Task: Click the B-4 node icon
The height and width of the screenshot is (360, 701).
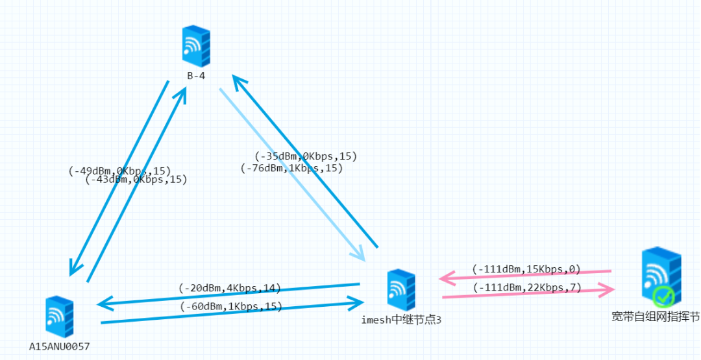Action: tap(196, 45)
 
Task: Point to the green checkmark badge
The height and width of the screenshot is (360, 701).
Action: tap(663, 297)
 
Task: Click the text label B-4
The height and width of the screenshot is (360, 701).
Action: tap(197, 76)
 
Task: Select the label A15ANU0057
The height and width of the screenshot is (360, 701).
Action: tap(59, 346)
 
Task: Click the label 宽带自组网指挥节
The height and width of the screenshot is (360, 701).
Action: tap(656, 317)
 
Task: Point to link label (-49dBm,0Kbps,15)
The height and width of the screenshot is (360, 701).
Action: tap(119, 171)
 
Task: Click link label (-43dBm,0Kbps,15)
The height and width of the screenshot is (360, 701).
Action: tap(136, 180)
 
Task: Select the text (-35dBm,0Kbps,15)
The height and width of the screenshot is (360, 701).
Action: tap(306, 156)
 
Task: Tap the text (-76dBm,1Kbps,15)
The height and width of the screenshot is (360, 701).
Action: tap(291, 168)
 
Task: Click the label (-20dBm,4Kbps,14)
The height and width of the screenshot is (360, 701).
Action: tap(230, 288)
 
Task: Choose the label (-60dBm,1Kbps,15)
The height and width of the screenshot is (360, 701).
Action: tap(231, 307)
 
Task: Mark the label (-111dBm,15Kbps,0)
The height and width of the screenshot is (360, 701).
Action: tap(526, 269)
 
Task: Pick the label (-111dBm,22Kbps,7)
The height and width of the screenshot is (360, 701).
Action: tap(526, 287)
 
